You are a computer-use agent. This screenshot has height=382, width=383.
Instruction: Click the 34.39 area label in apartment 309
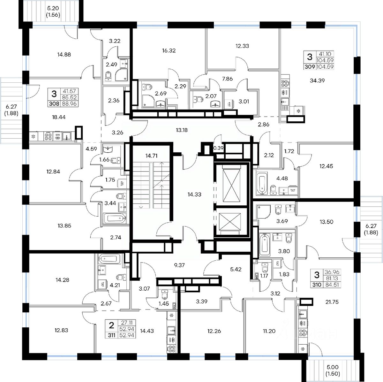pos(317,80)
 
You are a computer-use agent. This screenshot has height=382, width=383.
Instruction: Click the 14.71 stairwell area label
pos(152,156)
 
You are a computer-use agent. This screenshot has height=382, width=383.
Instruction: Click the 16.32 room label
pos(169,50)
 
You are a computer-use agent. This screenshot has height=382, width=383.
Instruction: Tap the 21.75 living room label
pos(319,301)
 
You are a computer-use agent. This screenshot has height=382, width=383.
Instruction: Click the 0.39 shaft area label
pos(219,148)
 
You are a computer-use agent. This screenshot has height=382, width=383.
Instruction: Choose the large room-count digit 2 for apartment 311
pos(111,325)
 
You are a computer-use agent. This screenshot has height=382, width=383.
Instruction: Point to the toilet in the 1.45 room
pos(165,294)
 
